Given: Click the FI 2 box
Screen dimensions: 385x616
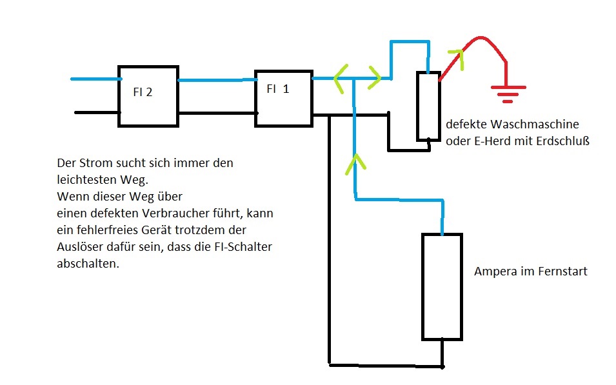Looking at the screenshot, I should pos(148,95).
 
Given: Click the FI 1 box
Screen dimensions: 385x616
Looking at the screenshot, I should pos(283,97).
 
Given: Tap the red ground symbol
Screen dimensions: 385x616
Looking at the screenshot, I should pos(508,94).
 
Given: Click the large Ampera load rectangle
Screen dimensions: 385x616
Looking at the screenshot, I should pos(442,286).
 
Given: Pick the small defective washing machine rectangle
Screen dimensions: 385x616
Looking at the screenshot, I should pos(428,106).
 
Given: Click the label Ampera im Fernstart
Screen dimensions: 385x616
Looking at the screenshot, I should pos(530,271).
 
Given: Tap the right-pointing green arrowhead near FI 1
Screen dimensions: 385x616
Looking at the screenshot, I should pos(375,78).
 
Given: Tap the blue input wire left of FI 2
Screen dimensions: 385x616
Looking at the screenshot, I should pos(94,79).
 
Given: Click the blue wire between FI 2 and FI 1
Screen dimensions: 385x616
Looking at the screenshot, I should pos(216,80).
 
